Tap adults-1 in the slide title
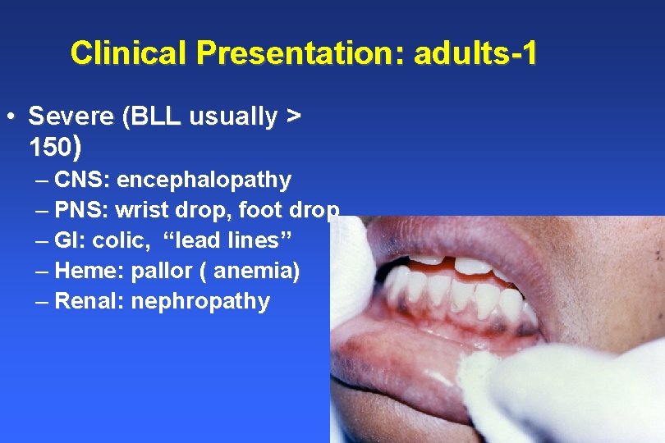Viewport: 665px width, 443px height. point(476,53)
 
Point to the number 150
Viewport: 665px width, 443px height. point(49,148)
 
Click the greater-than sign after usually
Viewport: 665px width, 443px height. point(292,117)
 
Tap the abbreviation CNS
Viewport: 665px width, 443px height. point(80,180)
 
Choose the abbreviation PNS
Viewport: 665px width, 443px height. point(80,210)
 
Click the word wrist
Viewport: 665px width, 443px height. point(142,210)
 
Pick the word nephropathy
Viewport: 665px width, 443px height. point(200,301)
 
